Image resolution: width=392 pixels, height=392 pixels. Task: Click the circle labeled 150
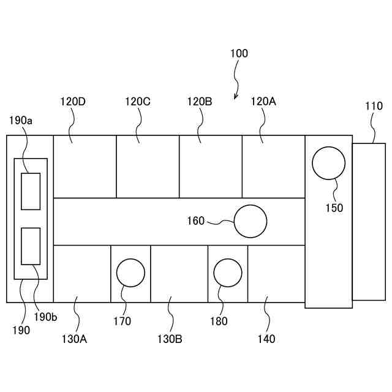point(330,163)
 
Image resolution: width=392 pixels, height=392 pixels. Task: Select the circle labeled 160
point(251,221)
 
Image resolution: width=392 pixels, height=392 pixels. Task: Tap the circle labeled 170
point(130,273)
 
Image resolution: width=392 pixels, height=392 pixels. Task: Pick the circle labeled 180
point(228,273)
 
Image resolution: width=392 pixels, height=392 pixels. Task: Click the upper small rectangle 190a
point(31,191)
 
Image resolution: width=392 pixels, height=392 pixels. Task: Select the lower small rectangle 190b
point(31,246)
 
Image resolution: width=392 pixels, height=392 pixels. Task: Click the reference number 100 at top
point(239,54)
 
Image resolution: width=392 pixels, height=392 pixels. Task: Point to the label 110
point(374,106)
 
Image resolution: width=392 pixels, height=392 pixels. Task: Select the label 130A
point(74,338)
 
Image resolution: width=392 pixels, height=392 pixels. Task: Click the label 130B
point(169,338)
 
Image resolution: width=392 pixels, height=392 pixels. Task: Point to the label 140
point(266,338)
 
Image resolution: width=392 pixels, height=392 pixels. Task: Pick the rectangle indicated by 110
point(369,222)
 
